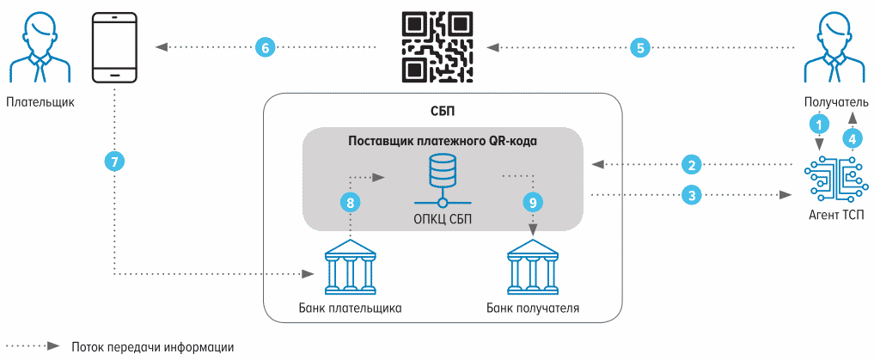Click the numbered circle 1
[819, 124]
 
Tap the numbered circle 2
[690, 163]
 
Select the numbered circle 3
[690, 195]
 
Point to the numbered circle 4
[852, 137]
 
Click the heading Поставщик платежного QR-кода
[442, 141]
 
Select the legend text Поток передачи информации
[153, 347]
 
